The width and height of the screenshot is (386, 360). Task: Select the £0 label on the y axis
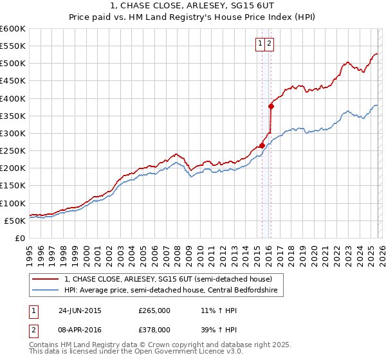coord(19,238)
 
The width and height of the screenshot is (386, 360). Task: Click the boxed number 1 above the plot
coord(261,44)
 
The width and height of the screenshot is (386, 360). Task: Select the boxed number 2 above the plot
coord(269,44)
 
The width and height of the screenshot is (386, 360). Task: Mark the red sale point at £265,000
coord(262,145)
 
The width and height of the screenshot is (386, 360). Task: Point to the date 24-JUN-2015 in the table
coord(80,310)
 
